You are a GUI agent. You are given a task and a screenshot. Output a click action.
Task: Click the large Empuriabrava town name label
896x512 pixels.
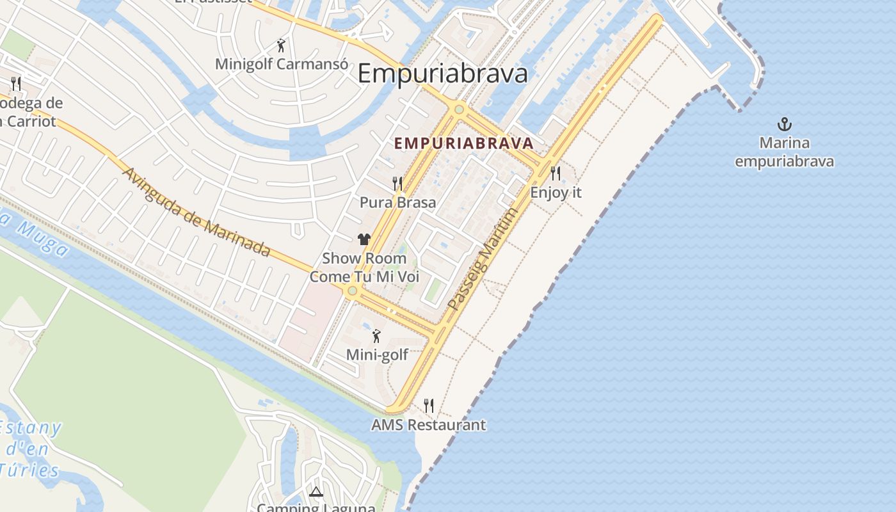(442, 73)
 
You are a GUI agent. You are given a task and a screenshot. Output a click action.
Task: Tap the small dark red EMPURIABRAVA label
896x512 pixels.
(464, 143)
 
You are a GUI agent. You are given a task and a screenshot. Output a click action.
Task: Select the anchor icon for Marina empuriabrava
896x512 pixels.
(784, 124)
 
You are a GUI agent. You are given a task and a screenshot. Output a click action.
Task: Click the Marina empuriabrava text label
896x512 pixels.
(784, 152)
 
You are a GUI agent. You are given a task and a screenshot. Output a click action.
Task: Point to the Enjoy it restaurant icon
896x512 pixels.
(556, 173)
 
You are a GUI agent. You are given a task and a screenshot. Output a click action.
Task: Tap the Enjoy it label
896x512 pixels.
(556, 191)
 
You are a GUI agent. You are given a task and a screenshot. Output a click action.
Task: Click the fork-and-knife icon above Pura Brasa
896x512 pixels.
(397, 184)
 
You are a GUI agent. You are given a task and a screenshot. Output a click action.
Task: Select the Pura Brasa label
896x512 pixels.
(397, 202)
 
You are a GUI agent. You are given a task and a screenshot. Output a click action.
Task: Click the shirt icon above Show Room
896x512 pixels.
(364, 239)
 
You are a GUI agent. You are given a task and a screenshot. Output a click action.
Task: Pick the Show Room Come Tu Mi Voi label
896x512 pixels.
(364, 268)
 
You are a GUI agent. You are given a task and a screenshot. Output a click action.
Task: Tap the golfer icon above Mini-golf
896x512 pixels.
(376, 335)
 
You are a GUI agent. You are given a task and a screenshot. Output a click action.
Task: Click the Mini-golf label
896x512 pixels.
(377, 354)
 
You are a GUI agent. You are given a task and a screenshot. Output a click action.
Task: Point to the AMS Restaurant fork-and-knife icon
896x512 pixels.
(429, 405)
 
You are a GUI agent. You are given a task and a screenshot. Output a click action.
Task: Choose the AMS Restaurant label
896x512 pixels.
(428, 424)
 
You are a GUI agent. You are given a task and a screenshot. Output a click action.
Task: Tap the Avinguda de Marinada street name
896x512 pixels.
(196, 212)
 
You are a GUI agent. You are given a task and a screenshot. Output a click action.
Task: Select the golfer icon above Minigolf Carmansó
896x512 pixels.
(281, 45)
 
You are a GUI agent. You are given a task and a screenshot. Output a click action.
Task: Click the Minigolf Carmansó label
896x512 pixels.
(282, 64)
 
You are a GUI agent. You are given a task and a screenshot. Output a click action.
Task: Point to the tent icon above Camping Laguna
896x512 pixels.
(316, 492)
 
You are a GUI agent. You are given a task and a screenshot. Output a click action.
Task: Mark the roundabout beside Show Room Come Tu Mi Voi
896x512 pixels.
(352, 291)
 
